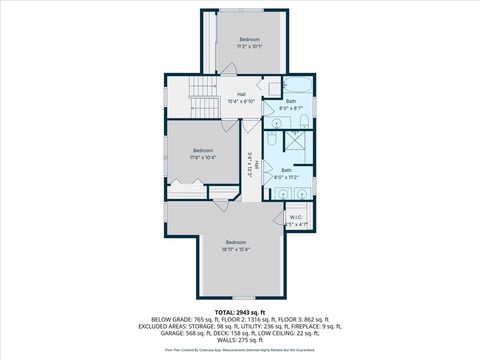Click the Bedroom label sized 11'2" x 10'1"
click(249, 43)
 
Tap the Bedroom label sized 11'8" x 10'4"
click(203, 153)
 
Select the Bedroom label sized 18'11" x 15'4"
click(235, 246)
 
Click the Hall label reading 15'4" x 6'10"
click(241, 97)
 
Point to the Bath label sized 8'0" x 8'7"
click(291, 104)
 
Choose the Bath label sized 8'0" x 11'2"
click(286, 174)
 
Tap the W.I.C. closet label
click(296, 220)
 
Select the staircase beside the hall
click(203, 101)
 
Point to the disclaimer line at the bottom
click(239, 351)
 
